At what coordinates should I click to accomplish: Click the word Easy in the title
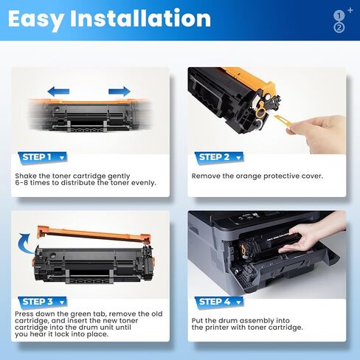point(38,18)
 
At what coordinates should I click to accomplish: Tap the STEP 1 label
point(37,156)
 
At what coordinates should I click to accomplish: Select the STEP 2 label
point(215,156)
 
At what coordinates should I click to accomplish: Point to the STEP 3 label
point(37,301)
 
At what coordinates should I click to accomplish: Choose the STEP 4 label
point(215,301)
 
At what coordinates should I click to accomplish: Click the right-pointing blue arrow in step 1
point(119,91)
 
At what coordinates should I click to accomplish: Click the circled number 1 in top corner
point(339,14)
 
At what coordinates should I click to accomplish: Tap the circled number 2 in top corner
point(339,27)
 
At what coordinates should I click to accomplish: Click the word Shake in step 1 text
point(27,176)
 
